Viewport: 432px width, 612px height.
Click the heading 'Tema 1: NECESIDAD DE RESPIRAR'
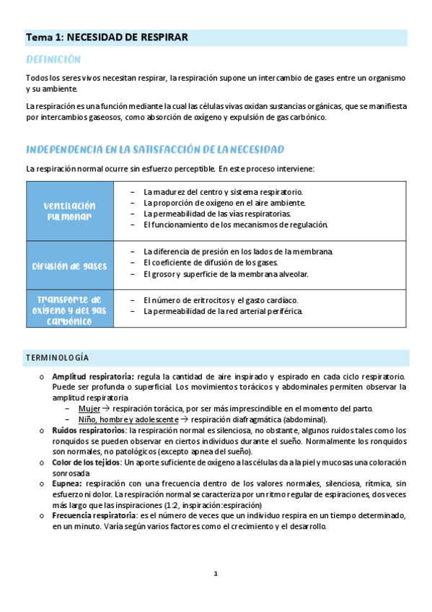[x=107, y=37]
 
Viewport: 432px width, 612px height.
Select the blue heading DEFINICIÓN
[x=53, y=59]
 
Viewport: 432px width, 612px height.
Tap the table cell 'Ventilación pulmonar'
[x=70, y=211]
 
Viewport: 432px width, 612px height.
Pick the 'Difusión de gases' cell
[x=70, y=266]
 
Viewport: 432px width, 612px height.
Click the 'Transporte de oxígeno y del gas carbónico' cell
[x=70, y=310]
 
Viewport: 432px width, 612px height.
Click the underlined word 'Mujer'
[x=89, y=408]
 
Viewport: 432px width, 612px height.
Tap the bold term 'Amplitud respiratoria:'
[x=93, y=376]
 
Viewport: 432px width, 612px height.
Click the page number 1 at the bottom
[x=215, y=574]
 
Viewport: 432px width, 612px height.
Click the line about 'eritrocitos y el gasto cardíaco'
[x=221, y=300]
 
